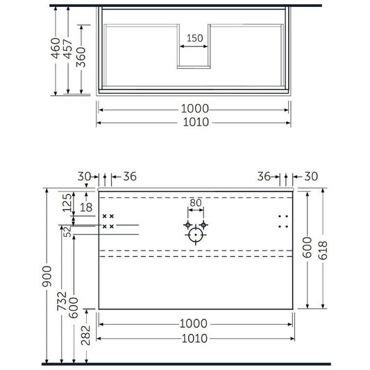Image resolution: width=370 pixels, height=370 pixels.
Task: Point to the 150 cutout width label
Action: pos(194,39)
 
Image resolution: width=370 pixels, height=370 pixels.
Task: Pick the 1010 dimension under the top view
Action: pos(194,122)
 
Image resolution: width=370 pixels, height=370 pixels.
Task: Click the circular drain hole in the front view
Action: pos(196,236)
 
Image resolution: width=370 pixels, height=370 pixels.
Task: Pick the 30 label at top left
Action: pos(84,176)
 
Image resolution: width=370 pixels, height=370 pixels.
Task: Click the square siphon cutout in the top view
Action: pos(194,55)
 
